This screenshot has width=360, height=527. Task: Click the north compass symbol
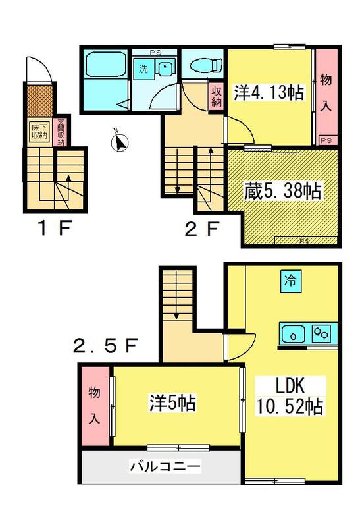120,142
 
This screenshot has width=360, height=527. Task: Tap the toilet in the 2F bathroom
206,65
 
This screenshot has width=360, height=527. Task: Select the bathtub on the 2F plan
106,64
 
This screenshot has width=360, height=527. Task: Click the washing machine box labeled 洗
143,69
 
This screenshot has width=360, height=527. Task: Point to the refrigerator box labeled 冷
291,281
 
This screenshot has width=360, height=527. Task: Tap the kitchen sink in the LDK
293,334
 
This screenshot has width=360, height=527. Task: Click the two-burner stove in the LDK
321,333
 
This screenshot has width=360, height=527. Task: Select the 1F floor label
55,229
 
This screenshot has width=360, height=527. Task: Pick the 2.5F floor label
105,346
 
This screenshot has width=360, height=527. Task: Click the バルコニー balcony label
165,466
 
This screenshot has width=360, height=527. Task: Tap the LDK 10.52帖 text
290,396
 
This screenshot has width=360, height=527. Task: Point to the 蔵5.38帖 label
282,190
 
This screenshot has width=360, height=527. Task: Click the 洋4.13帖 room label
269,92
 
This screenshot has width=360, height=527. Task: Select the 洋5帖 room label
172,402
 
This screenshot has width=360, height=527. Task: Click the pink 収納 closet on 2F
217,96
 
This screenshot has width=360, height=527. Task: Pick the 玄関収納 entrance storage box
61,131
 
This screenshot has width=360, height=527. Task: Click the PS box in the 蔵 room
305,240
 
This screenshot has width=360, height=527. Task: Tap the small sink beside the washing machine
165,69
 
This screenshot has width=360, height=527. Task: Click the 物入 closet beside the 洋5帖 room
95,406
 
